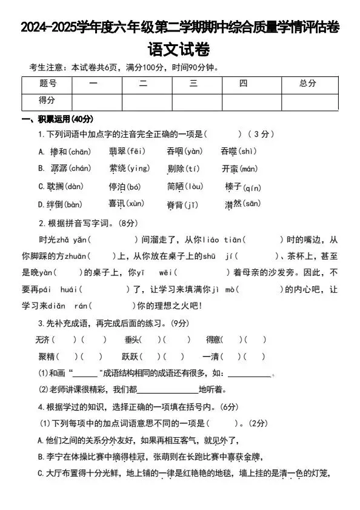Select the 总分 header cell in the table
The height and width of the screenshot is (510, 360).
click(x=308, y=84)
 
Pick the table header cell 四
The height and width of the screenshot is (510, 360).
click(x=243, y=84)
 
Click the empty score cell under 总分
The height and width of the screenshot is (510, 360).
click(x=308, y=101)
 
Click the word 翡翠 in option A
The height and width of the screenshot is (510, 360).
click(x=117, y=151)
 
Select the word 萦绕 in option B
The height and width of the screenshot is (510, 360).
click(x=117, y=169)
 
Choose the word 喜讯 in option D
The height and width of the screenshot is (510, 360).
click(x=117, y=204)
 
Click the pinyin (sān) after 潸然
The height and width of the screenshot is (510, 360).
click(x=252, y=204)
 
